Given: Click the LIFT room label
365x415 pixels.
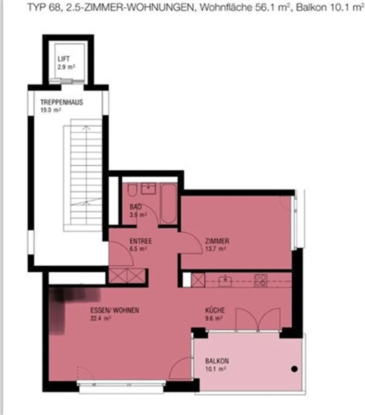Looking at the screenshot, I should [63, 59].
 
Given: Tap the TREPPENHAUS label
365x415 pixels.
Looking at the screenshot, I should [62, 102].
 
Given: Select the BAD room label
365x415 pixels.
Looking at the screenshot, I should [136, 207].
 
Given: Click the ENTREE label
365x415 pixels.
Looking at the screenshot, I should [141, 241].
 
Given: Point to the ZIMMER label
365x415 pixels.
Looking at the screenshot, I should [217, 241].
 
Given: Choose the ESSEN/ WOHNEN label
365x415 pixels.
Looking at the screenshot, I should [115, 310].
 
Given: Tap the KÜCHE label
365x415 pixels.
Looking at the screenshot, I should [215, 310].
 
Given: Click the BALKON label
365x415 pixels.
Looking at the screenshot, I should [217, 361].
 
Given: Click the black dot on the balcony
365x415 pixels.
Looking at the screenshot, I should [294, 369].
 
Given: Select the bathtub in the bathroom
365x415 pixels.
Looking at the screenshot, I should [169, 204].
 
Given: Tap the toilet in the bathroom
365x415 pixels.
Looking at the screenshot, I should [132, 190].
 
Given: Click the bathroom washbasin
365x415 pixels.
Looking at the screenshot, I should [149, 189].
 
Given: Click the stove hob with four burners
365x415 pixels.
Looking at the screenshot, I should [261, 281].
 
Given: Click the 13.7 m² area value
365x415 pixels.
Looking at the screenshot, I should [215, 249].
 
